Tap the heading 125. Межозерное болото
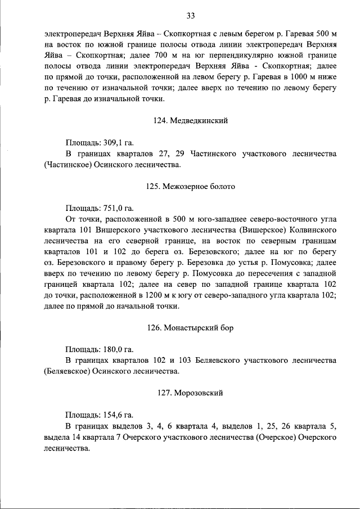(191, 186)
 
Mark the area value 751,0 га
(118, 208)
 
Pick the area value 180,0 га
(118, 349)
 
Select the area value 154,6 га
(118, 415)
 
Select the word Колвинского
(308, 230)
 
